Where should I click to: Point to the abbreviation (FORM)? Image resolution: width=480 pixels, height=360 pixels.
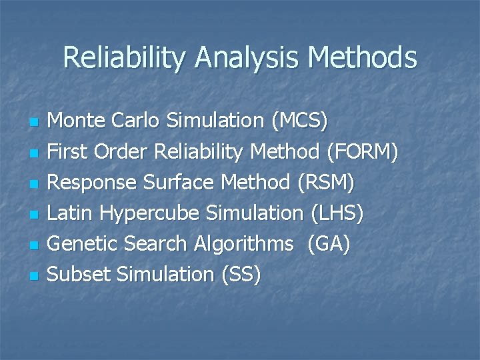click(363, 153)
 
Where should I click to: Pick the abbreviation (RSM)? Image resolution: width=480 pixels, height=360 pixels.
click(327, 183)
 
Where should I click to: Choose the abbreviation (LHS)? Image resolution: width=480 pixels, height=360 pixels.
click(337, 213)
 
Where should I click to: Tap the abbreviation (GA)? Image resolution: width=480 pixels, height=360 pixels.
click(328, 244)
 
